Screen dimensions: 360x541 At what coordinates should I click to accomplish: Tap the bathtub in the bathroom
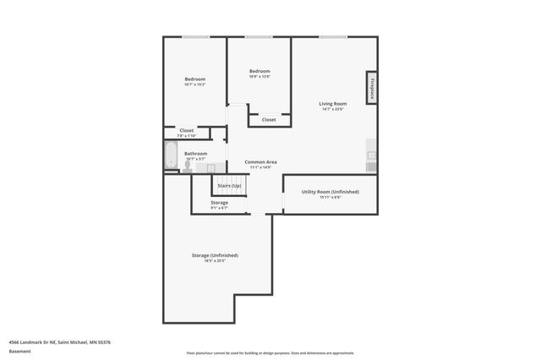click(x=170, y=155)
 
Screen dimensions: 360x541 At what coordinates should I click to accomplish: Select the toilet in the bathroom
click(x=188, y=166)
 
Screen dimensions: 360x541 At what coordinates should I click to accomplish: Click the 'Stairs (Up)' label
click(x=229, y=185)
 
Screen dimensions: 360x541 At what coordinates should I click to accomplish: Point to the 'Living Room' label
click(x=333, y=104)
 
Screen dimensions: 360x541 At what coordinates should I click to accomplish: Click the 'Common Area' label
click(x=260, y=161)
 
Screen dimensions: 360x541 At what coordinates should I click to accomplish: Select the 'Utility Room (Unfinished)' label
click(x=331, y=192)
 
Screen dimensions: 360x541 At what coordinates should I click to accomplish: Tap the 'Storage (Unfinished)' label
click(x=214, y=255)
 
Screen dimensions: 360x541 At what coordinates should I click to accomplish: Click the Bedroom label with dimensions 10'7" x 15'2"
click(x=195, y=79)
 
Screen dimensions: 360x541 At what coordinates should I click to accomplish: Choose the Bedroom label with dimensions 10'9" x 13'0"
click(x=260, y=71)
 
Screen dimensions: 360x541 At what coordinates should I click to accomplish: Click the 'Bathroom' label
click(x=196, y=154)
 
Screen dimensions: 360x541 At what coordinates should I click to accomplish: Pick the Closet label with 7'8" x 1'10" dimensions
click(x=186, y=130)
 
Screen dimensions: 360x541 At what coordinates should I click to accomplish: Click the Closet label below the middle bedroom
click(x=269, y=120)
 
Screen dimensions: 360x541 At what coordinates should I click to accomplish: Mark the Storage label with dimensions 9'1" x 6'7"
click(x=219, y=203)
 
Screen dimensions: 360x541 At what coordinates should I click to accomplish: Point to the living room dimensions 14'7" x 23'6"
click(x=333, y=110)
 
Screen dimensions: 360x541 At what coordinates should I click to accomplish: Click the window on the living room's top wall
click(x=332, y=36)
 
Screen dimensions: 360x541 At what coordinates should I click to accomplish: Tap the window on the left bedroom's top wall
click(x=196, y=36)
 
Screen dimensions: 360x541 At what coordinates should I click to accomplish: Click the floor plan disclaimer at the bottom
click(x=270, y=353)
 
